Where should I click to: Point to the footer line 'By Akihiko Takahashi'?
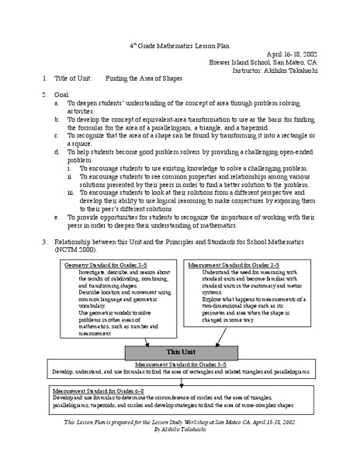tap(181, 450)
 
